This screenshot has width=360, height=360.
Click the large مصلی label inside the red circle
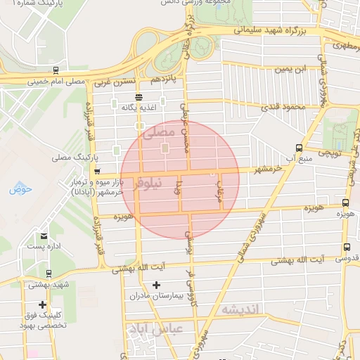(156, 131)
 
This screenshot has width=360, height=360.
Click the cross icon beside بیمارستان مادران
(156, 285)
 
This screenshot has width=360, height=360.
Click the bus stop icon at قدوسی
(347, 247)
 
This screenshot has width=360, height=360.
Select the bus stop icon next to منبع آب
(300, 148)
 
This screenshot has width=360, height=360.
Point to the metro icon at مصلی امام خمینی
(56, 70)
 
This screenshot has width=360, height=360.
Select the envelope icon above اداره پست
(45, 236)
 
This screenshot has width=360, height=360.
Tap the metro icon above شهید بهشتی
(48, 274)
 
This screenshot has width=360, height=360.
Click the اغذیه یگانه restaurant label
(139, 108)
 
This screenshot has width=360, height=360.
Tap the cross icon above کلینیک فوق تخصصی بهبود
(44, 305)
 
